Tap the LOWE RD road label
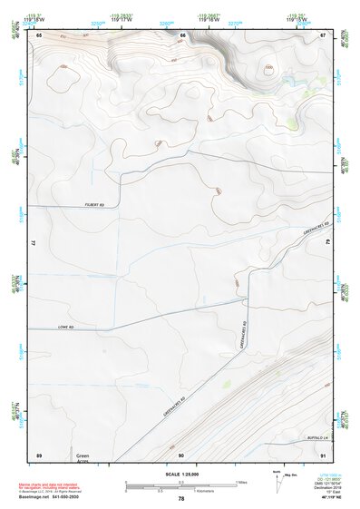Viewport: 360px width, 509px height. pos(63,327)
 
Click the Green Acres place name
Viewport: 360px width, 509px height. pos(83,458)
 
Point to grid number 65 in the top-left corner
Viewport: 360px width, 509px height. pos(39,34)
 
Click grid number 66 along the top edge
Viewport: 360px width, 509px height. pos(182,34)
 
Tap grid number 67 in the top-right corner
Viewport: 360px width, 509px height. pos(323,34)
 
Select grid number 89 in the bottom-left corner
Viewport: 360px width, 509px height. pos(39,454)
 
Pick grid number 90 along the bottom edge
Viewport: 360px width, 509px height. pos(181,454)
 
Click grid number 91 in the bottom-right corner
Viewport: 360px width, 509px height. pos(323,454)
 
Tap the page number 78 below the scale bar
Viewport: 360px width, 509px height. pos(181,498)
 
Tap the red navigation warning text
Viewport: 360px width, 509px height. pos(52,485)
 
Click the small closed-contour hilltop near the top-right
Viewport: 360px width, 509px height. pos(268,68)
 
